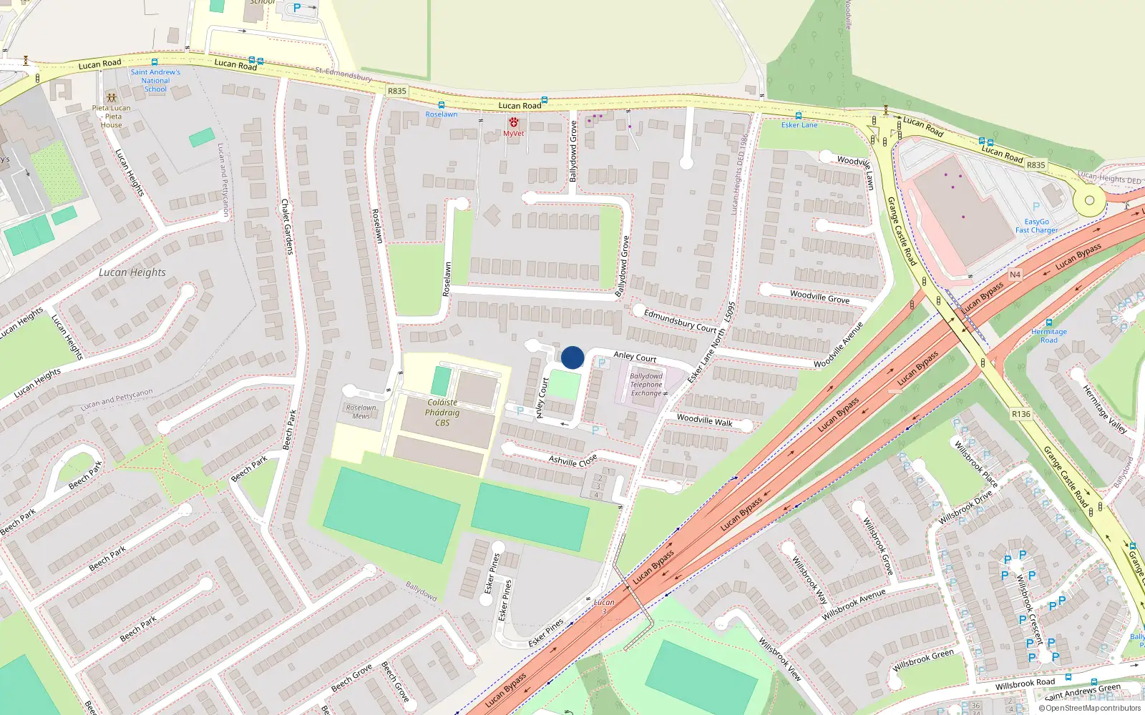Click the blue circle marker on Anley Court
pos(572,357)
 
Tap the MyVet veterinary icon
pos(513,123)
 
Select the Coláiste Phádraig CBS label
pos(442,413)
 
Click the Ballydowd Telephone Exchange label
pos(646,385)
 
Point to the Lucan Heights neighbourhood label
pos(132,272)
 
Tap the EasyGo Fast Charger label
pos(1036,226)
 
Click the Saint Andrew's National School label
pos(155,81)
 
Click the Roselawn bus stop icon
pos(441,105)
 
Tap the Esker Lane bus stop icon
pos(799,115)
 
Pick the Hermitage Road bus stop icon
pos(1049,322)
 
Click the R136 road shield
pos(1021,414)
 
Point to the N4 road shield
pos(1015,275)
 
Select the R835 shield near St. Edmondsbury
pos(396,91)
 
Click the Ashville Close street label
pos(572,460)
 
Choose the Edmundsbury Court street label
pos(679,321)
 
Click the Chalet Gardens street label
pos(287,227)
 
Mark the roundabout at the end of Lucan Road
pos(1089,201)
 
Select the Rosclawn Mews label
pos(361,412)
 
